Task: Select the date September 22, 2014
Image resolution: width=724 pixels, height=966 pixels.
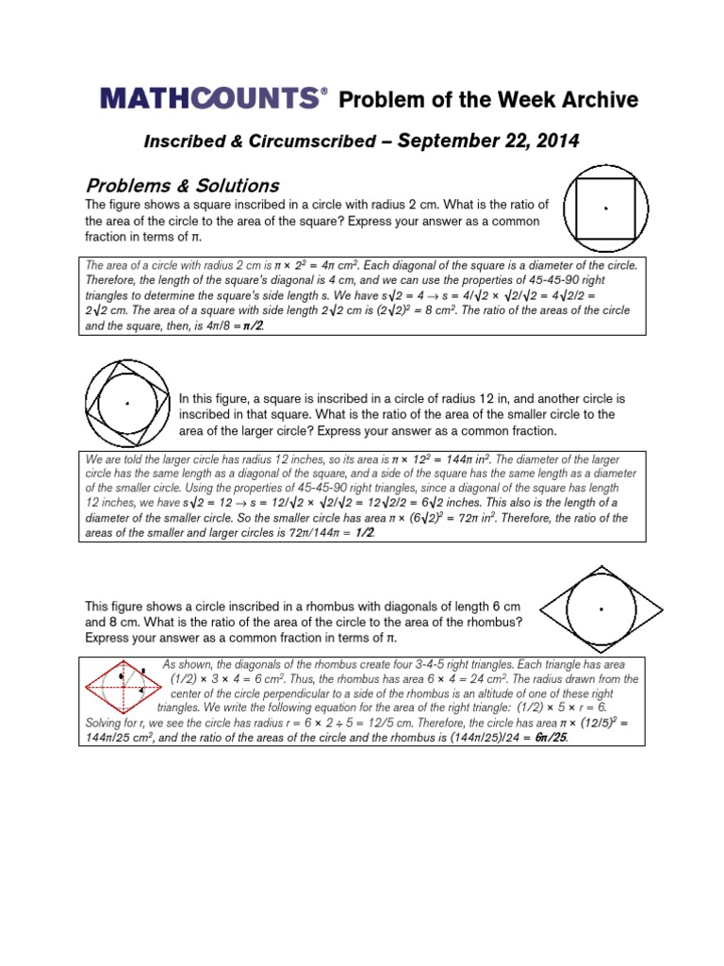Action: point(488,141)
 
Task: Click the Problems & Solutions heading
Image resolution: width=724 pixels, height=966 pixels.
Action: point(182,185)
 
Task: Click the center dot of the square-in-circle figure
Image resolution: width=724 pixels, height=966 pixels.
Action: point(605,208)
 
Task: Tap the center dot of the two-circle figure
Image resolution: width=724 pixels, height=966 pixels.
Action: point(127,404)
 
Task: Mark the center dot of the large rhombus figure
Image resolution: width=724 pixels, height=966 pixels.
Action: point(601,609)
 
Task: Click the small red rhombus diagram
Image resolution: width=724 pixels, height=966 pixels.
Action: point(122,686)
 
